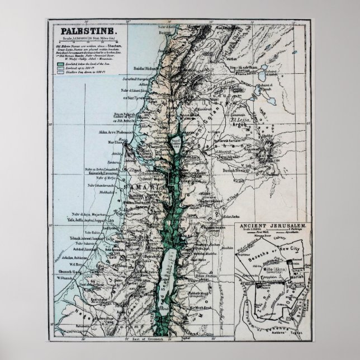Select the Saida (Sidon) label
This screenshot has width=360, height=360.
click(x=142, y=69)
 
